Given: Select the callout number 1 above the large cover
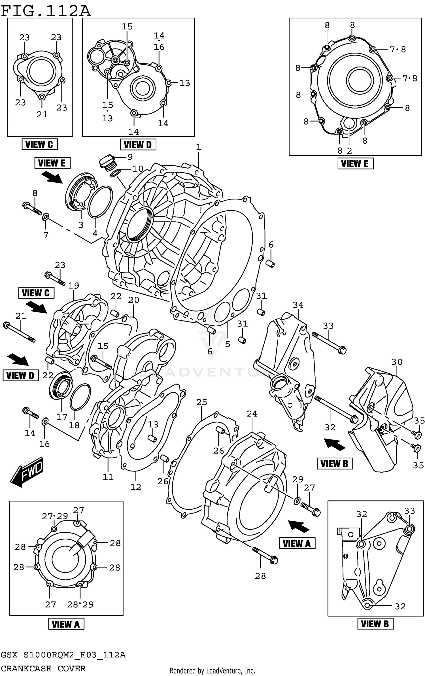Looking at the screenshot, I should coord(198,147).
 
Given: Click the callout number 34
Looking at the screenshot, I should coord(298,305).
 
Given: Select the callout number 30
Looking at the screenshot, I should coord(397,362).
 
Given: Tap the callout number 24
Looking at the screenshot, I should coord(252,414).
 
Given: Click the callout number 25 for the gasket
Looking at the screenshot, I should coord(202,402).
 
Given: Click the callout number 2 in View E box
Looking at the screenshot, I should coord(349,151).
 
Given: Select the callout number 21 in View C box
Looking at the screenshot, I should coord(42,114).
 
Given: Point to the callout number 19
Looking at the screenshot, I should coord(73,286).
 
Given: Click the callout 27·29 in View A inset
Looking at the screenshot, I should coord(55,516).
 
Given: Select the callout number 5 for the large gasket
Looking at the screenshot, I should coord(228,344).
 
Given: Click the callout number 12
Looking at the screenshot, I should coord(136,487).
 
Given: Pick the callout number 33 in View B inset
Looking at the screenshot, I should coord(409,511).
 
